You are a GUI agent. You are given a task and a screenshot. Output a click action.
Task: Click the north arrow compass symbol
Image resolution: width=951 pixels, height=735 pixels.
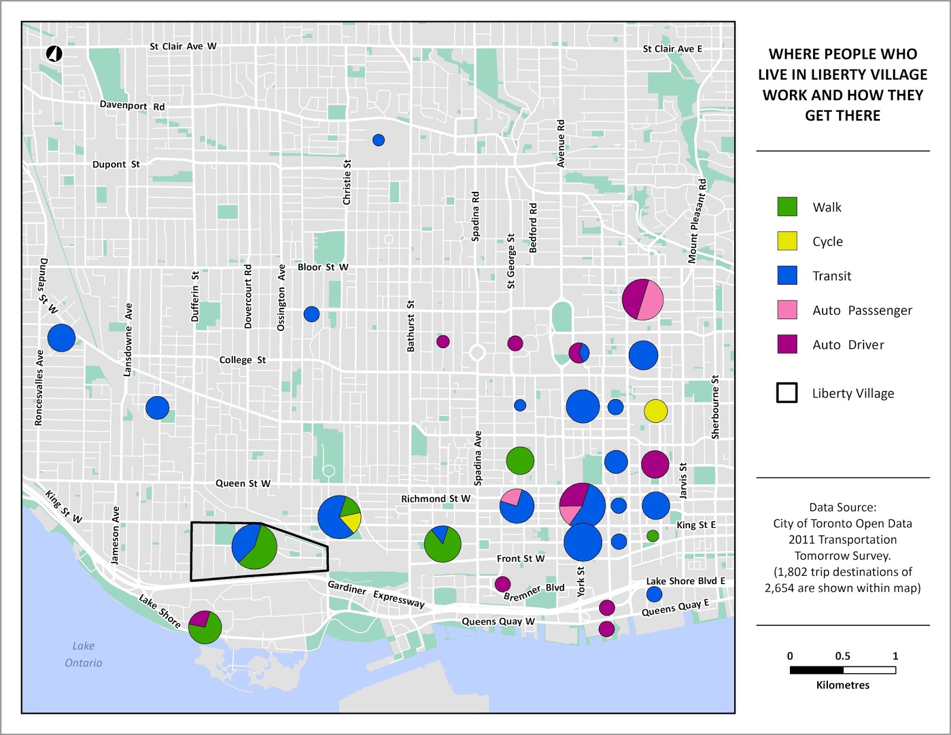(54, 53)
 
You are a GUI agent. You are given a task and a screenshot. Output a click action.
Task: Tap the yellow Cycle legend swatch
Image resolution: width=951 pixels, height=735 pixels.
(787, 241)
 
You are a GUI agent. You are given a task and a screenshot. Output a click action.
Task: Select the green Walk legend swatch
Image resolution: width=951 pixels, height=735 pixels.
(787, 206)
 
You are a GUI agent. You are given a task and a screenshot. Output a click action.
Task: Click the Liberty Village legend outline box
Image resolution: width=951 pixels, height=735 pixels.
(787, 393)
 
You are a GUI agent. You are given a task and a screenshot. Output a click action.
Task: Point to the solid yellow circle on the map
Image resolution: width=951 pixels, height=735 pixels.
(656, 411)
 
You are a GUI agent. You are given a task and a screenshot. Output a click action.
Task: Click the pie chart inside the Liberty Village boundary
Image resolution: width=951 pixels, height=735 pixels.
(254, 546)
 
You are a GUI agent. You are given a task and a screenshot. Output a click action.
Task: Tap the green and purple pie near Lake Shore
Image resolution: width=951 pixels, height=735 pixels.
(205, 627)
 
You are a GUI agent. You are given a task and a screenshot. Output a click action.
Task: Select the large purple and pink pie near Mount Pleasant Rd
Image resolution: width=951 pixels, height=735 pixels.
(643, 299)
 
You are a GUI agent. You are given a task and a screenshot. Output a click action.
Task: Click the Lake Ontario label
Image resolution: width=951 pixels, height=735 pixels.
(83, 654)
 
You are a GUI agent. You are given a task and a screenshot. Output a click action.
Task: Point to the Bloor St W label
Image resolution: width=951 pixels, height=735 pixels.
(323, 267)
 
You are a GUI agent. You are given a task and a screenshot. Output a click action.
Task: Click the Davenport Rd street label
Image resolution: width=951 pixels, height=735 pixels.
(132, 106)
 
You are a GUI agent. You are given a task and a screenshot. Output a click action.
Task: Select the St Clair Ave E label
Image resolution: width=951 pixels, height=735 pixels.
(672, 49)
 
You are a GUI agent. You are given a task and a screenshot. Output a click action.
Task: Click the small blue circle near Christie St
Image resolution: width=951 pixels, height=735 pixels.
(379, 140)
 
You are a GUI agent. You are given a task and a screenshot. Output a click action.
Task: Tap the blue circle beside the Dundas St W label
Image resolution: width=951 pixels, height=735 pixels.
(61, 338)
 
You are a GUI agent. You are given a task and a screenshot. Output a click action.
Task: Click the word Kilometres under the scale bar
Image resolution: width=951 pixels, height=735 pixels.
(842, 685)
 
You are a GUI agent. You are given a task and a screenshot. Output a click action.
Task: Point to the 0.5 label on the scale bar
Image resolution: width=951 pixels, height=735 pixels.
(842, 656)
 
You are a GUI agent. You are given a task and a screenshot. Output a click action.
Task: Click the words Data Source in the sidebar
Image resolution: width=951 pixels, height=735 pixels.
(842, 507)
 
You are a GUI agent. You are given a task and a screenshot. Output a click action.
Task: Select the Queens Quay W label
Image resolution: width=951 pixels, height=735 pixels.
(498, 622)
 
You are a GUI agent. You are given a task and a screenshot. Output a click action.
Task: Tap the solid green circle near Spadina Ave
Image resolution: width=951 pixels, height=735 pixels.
(520, 460)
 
